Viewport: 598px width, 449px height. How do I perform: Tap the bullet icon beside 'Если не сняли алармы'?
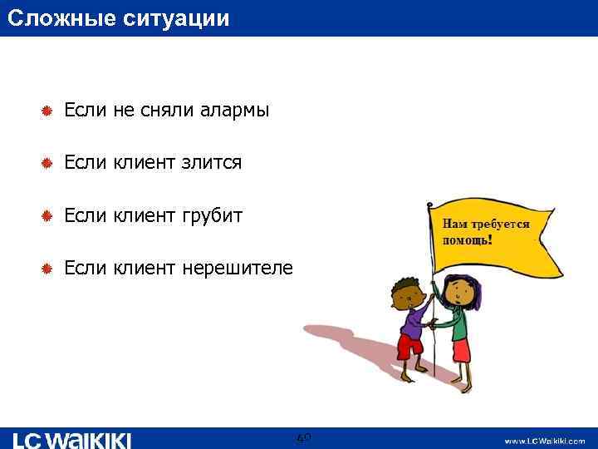(47, 111)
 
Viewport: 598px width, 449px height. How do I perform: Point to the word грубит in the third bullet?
(215, 216)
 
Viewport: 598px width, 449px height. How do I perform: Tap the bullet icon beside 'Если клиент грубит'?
(47, 217)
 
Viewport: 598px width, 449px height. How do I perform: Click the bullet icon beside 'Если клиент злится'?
(47, 164)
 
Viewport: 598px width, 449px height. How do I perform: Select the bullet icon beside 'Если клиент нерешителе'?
(47, 269)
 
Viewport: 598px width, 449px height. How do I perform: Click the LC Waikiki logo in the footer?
(72, 440)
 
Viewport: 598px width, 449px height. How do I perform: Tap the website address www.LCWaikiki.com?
(545, 441)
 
